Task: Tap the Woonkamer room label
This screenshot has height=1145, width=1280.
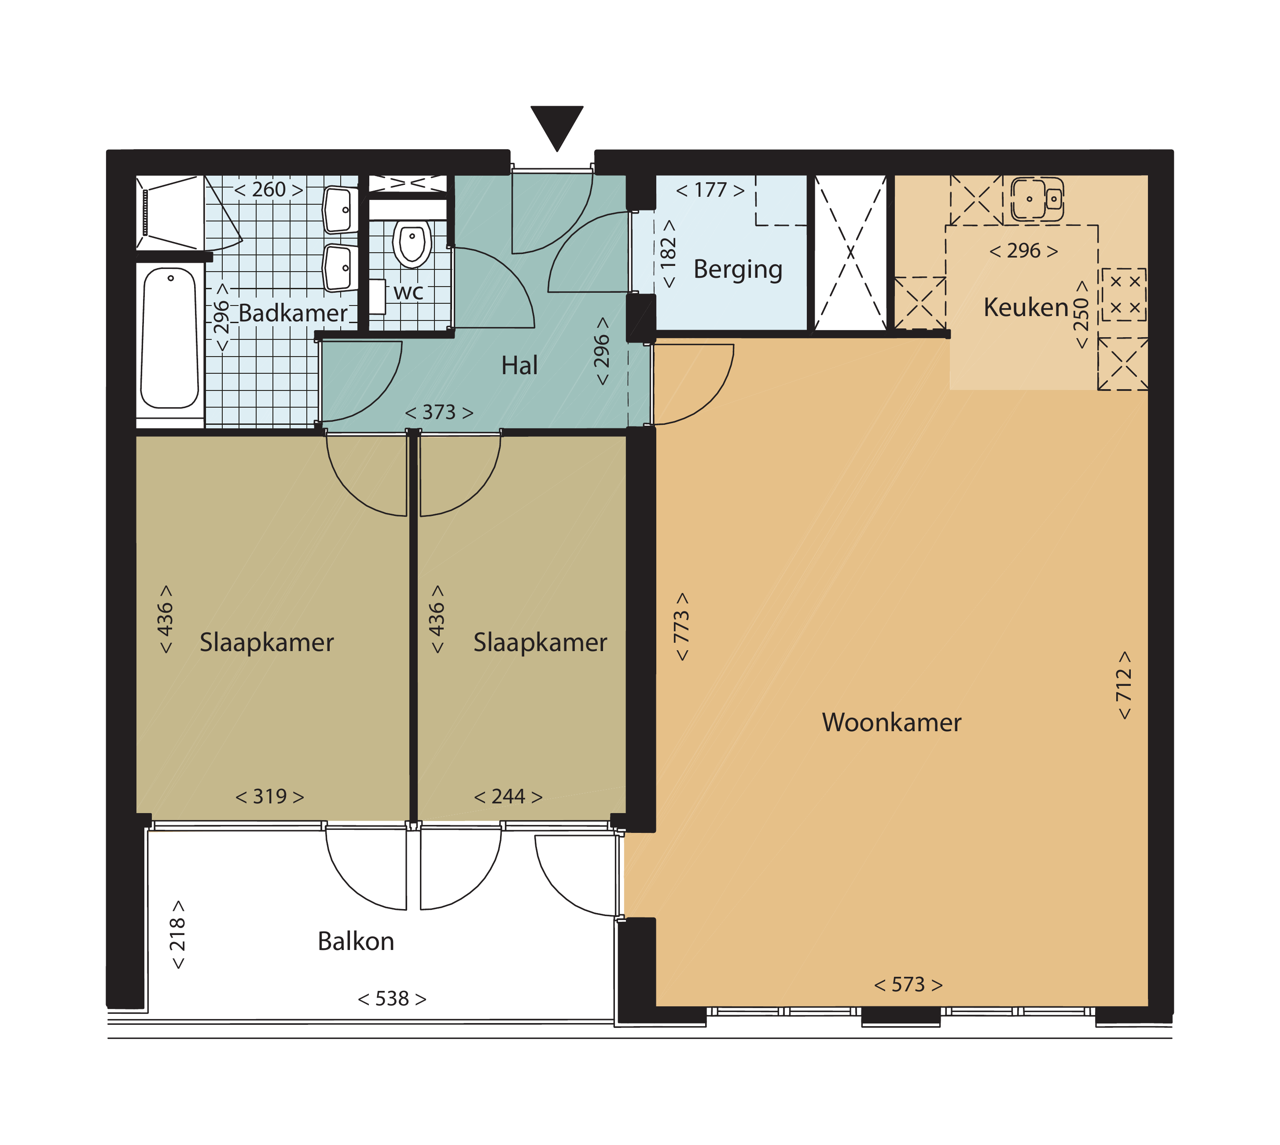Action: tap(891, 722)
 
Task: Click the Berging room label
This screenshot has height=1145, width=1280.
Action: tap(738, 270)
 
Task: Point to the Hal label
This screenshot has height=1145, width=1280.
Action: tap(519, 365)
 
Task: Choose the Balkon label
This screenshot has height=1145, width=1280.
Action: tap(356, 941)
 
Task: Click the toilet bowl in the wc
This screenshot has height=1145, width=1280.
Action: tap(412, 243)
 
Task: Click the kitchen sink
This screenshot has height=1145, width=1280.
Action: tap(1037, 199)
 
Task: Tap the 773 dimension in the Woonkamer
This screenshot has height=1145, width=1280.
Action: tap(682, 626)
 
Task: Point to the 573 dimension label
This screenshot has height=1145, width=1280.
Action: tap(908, 985)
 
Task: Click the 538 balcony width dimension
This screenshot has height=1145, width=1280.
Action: tap(392, 998)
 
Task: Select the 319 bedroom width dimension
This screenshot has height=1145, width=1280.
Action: tap(270, 796)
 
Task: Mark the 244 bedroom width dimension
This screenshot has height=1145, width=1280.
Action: tap(508, 796)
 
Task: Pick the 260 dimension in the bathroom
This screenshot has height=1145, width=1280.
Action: tap(269, 189)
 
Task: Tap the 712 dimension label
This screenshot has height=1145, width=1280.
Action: tap(1124, 685)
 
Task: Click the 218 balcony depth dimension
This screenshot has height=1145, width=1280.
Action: tap(178, 934)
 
